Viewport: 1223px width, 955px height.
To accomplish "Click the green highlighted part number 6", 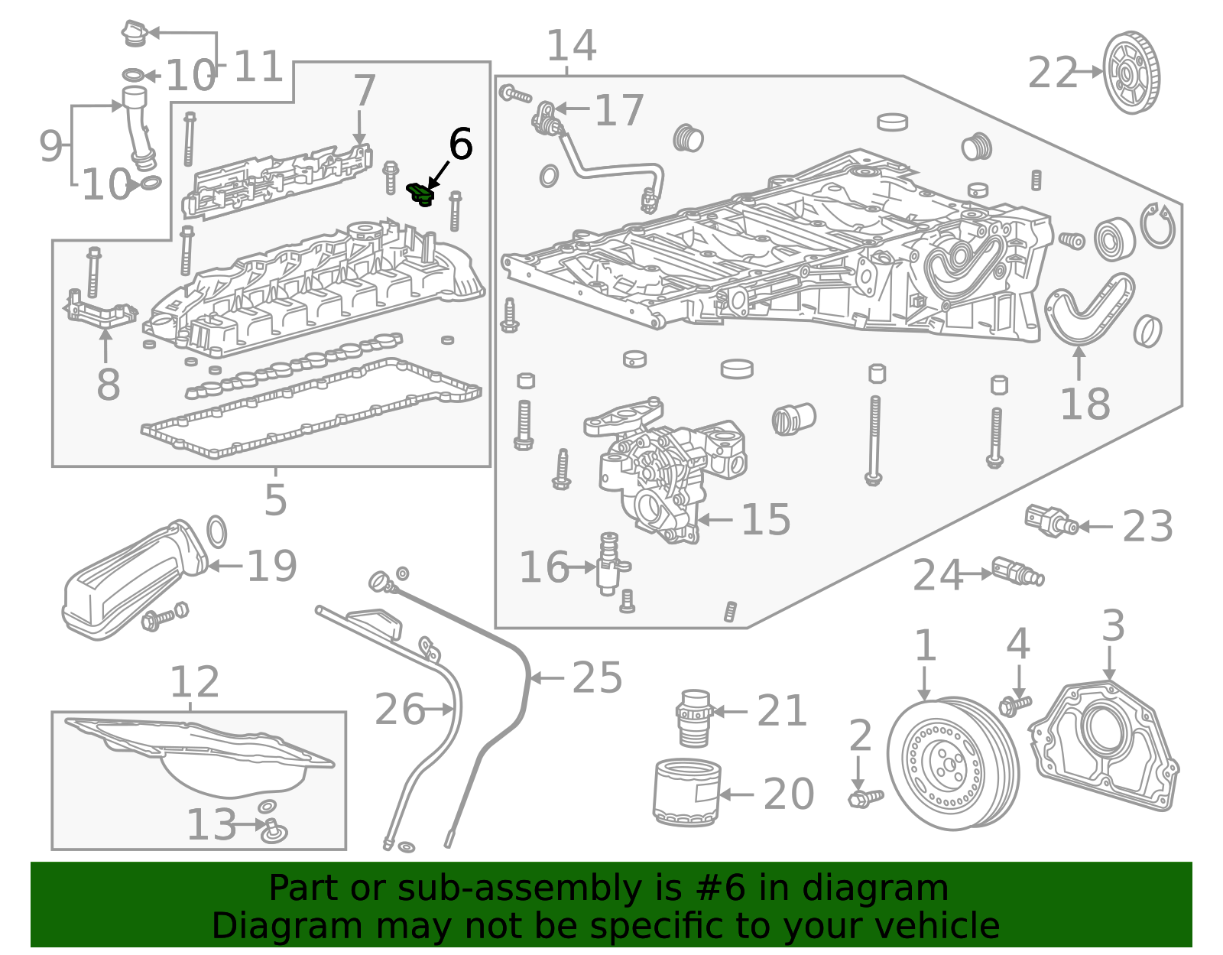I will coord(420,194).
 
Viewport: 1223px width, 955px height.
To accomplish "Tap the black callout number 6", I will coord(460,144).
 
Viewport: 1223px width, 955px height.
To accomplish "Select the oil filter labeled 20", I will coord(686,792).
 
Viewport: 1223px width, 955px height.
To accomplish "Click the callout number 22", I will coord(1052,73).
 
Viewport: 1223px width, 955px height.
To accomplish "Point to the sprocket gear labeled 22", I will coord(1131,73).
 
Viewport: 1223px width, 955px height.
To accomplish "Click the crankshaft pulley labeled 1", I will coord(952,763).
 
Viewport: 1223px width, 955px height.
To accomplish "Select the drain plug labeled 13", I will coord(272,830).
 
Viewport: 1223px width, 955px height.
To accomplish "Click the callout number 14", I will coord(570,46).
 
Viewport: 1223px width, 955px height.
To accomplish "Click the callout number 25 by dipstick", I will coord(597,677).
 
